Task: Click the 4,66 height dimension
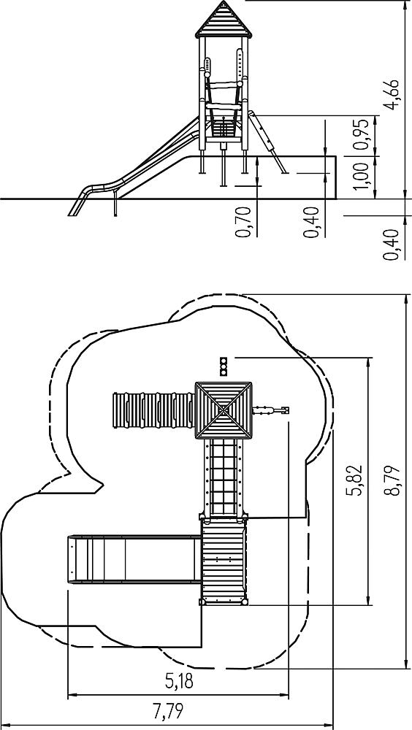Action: [393, 94]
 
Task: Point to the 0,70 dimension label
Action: [243, 222]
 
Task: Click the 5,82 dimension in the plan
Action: [356, 480]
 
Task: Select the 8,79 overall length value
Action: [393, 480]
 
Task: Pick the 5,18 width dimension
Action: [180, 681]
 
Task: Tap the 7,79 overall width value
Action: [168, 711]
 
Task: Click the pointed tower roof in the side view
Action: [224, 20]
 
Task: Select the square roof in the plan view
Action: [224, 410]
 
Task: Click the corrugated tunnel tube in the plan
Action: [154, 410]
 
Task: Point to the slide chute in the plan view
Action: [134, 558]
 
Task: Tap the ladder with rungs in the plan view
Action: [224, 477]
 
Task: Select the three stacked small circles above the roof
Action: [224, 366]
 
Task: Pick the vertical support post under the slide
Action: [115, 204]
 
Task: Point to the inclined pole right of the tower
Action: [268, 142]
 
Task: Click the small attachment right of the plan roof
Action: [271, 410]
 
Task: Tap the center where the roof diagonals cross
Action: [224, 410]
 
